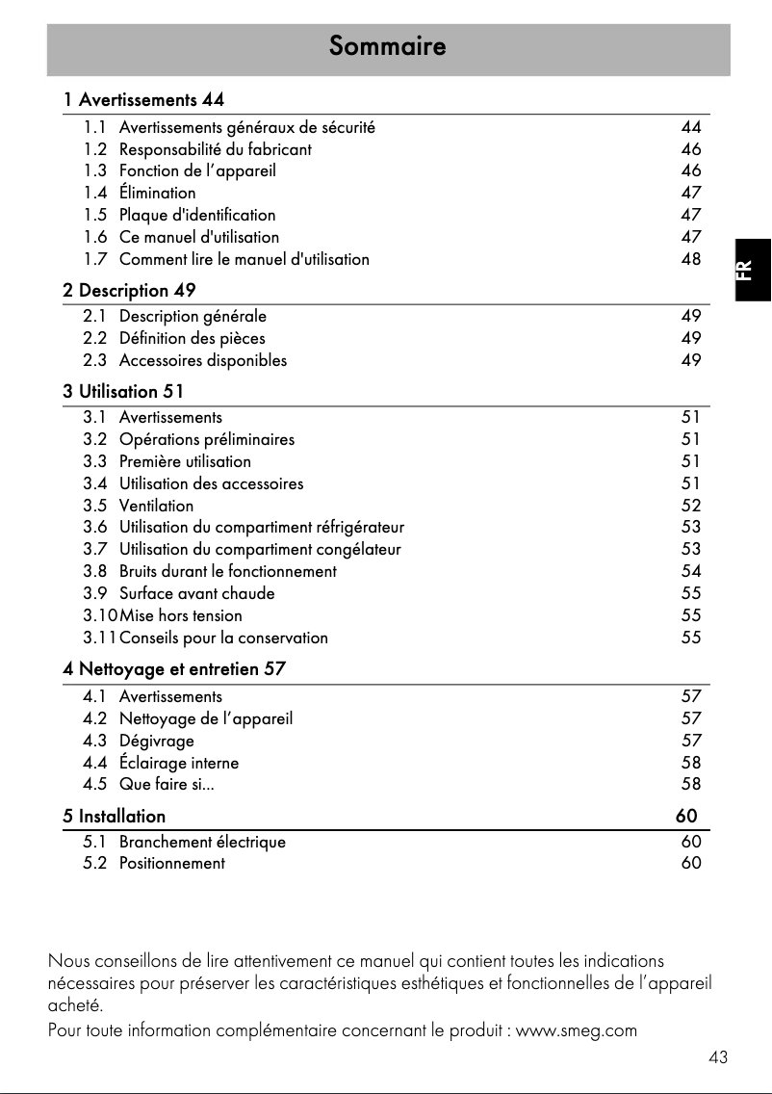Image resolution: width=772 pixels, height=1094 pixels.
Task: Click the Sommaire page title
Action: (387, 46)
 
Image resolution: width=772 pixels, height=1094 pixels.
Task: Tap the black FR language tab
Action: (752, 270)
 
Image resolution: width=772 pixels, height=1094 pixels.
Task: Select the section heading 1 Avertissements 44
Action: (144, 99)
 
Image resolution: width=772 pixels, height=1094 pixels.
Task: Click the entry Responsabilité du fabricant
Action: (215, 149)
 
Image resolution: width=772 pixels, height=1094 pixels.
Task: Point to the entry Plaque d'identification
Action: (196, 215)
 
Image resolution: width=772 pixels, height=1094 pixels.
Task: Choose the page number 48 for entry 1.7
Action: (690, 259)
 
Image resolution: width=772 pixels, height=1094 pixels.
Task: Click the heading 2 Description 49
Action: (130, 289)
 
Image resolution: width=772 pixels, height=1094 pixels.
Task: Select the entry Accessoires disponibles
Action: (202, 360)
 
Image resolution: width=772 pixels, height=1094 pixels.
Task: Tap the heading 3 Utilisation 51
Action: (123, 391)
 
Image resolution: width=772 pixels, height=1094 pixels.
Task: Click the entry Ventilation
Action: (156, 506)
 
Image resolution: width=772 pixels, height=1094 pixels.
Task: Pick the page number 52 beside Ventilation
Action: (690, 506)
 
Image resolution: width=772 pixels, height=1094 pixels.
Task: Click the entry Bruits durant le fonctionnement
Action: (227, 571)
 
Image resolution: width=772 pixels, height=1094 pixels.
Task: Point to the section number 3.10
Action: (100, 615)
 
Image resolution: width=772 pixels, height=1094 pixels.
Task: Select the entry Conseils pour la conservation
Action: (223, 638)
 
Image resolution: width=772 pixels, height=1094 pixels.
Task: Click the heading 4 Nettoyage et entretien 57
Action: (174, 667)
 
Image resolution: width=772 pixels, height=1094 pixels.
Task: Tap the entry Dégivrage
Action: (156, 741)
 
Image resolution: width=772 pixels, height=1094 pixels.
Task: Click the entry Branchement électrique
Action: (202, 842)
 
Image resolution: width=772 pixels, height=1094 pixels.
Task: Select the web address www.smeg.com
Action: (577, 1031)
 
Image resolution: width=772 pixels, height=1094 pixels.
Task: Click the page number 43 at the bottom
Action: (717, 1057)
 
